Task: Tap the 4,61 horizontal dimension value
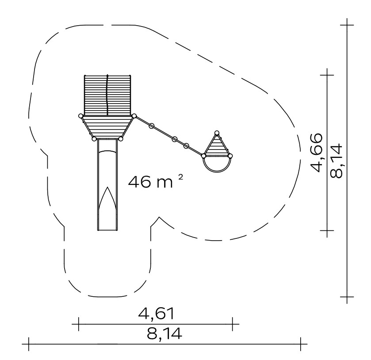point(156,314)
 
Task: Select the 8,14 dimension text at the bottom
point(164,333)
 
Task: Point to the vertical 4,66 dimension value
point(316,153)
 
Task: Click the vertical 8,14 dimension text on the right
point(336,161)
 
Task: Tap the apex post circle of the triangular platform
point(217,133)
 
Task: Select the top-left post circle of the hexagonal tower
point(80,116)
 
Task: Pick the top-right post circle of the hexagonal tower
point(134,116)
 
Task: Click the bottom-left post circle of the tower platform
point(94,139)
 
